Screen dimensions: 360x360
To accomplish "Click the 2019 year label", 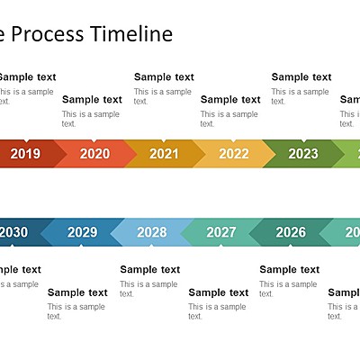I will click(25, 154).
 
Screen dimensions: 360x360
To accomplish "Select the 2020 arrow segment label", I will click(94, 154).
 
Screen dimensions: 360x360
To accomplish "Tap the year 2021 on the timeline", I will click(164, 154).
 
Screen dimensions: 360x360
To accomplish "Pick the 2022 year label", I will click(233, 154).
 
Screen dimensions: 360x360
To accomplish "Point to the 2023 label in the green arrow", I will click(303, 154).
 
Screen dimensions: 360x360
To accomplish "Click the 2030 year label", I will click(13, 232).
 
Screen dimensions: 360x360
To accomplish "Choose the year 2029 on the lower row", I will click(82, 232).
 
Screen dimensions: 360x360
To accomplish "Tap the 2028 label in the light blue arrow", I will click(151, 232).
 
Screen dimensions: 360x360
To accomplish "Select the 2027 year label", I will click(221, 232).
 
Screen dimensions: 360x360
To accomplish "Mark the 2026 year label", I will click(291, 232).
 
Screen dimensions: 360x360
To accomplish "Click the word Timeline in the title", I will click(130, 35).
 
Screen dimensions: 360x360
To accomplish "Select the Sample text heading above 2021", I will click(164, 77).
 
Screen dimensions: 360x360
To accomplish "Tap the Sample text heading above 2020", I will click(92, 100).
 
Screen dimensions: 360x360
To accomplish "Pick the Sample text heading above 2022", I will click(230, 100).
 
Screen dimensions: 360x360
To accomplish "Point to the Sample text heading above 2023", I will click(301, 77).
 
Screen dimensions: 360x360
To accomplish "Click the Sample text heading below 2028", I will click(149, 269).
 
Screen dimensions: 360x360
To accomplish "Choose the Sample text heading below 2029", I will click(77, 292).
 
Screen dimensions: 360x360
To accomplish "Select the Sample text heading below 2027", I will click(219, 292).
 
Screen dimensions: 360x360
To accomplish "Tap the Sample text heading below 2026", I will click(289, 269).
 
